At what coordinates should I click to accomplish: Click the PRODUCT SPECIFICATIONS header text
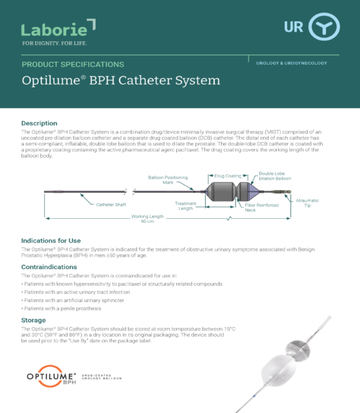click(73, 64)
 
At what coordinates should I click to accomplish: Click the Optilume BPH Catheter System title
click(120, 81)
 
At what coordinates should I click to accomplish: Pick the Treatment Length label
click(186, 206)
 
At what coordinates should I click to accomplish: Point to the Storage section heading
click(34, 320)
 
